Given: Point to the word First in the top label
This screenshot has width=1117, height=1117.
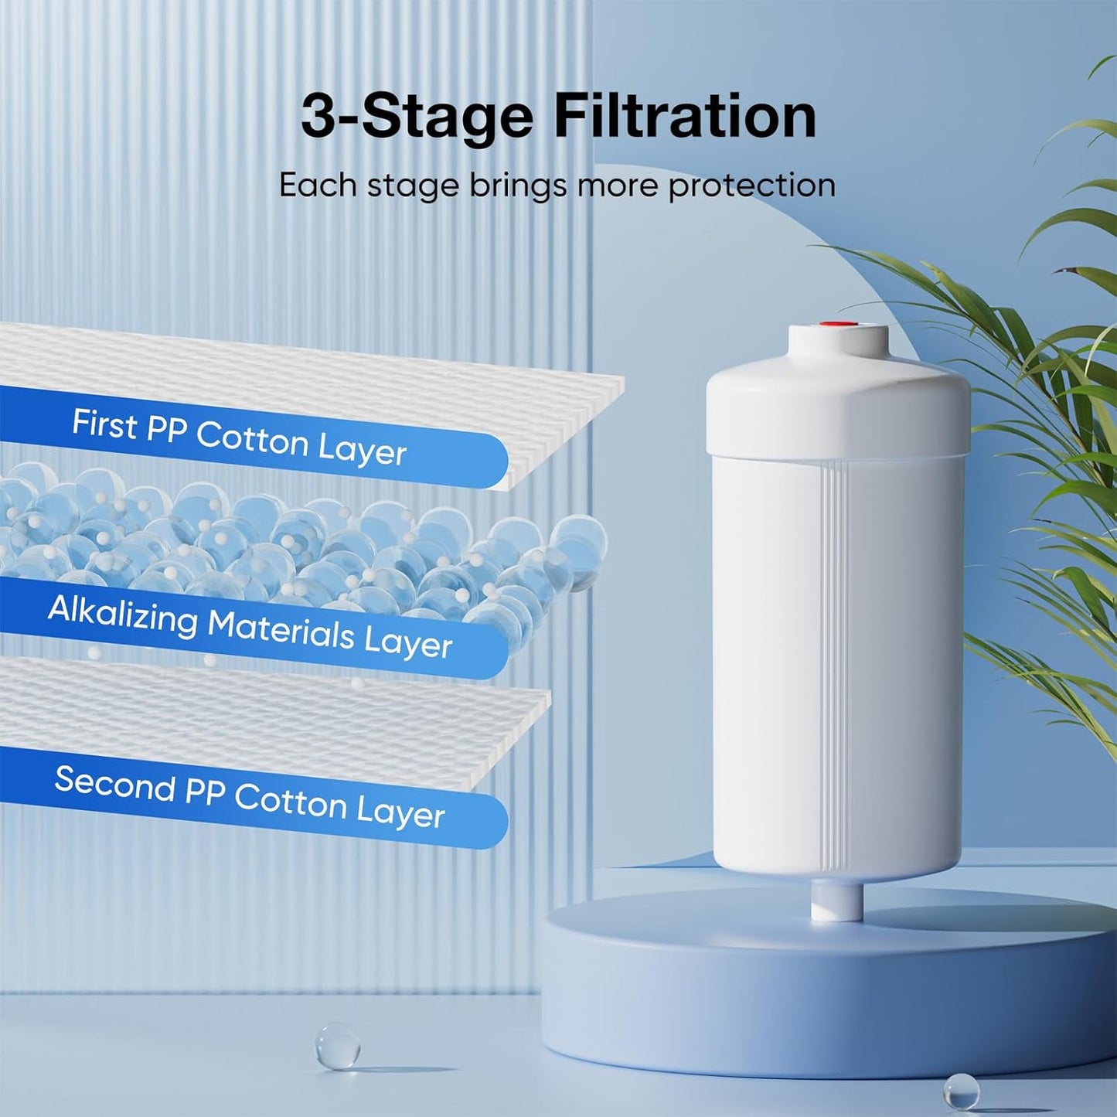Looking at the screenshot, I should pos(104,424).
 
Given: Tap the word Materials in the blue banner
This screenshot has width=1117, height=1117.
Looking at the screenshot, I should pos(281,629).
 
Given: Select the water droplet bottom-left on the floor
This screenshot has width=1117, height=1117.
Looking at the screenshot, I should pos(338,1046).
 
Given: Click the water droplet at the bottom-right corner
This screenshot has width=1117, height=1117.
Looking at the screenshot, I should pos(962,1091).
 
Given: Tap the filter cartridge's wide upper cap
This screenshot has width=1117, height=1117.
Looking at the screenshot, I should pos(838,410).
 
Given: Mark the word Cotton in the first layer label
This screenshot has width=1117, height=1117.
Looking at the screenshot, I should pos(252,438).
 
